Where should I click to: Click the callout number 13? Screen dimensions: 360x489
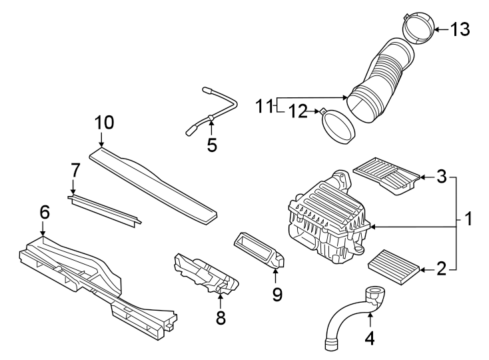point(460,29)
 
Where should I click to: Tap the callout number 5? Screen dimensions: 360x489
point(212,145)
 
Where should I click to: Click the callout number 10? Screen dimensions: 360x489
point(105,123)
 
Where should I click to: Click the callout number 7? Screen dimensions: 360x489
point(76,170)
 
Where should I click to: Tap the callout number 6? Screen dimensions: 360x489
point(44,212)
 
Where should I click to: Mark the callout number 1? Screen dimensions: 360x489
point(468,219)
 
